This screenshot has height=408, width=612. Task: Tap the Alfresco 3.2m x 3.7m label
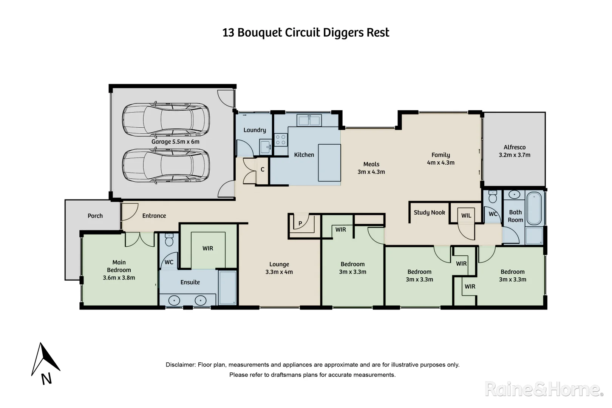click(515, 151)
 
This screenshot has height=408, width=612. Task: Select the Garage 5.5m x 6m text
click(175, 142)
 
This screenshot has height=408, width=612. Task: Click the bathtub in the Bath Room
click(534, 209)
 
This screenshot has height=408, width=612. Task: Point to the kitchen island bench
click(329, 162)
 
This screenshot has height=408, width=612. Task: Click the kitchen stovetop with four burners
click(281, 140)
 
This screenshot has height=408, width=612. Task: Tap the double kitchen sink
click(309, 120)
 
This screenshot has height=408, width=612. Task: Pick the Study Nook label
click(429, 212)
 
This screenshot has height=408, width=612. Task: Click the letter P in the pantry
click(300, 223)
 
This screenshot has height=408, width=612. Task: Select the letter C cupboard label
click(262, 169)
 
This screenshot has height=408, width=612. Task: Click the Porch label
click(95, 216)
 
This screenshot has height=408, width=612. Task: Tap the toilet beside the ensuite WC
click(169, 240)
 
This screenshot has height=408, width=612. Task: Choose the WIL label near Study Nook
click(466, 215)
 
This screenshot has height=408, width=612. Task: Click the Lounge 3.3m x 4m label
click(279, 268)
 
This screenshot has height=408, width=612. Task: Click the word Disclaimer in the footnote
click(181, 365)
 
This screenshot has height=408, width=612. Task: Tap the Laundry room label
click(255, 130)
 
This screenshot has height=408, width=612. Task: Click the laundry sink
click(265, 147)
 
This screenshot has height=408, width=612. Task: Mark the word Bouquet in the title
click(260, 33)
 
